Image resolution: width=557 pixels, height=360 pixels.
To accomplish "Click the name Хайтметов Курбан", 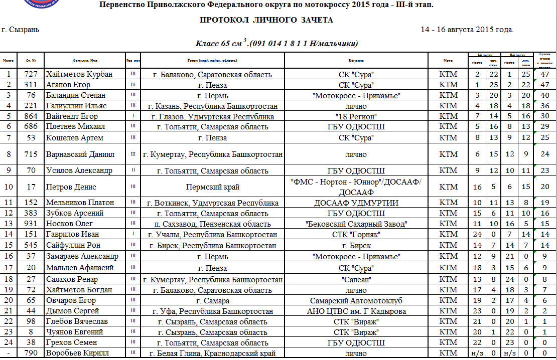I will [79, 74].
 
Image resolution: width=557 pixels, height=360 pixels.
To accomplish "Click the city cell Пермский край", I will [213, 187].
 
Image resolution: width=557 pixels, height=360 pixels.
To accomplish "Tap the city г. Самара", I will [213, 301].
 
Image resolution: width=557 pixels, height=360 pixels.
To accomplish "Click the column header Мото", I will [448, 60].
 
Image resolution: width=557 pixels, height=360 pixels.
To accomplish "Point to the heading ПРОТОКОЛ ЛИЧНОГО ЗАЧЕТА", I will [266, 20].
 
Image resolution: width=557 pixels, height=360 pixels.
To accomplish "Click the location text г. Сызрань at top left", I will [21, 30].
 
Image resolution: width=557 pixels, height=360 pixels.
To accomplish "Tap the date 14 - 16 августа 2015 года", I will [467, 30].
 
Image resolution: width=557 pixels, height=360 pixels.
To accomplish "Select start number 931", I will [31, 224].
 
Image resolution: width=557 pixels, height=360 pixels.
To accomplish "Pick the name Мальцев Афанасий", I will [79, 268].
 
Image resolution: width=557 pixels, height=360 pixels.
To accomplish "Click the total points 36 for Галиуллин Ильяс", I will [544, 106].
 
